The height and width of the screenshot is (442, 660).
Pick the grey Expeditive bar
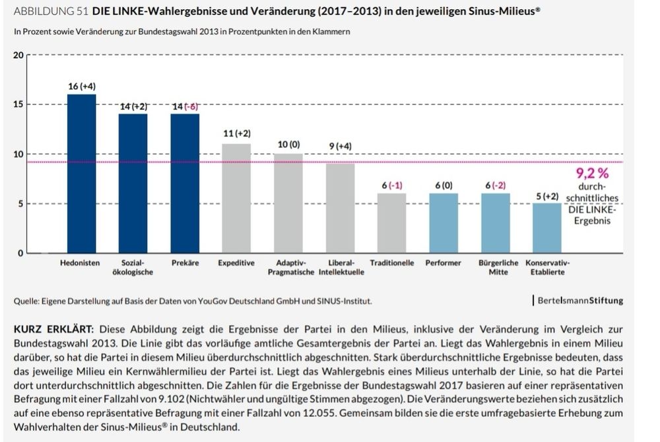(236, 198)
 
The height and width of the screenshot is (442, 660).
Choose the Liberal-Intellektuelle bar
(340, 207)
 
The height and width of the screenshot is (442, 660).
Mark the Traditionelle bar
(391, 223)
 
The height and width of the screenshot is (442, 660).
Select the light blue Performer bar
(443, 223)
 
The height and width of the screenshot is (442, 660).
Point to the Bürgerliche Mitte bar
(495, 223)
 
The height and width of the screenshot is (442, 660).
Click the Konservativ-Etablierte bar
(546, 228)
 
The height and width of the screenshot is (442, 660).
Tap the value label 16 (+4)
(82, 87)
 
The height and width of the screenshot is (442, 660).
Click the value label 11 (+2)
(236, 133)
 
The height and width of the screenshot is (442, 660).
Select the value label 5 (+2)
(546, 196)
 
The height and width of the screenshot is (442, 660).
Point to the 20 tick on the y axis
(18, 55)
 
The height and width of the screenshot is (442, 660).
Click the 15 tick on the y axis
(18, 104)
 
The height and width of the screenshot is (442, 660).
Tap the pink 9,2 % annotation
(592, 174)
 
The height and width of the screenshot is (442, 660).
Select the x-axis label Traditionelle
(391, 263)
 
